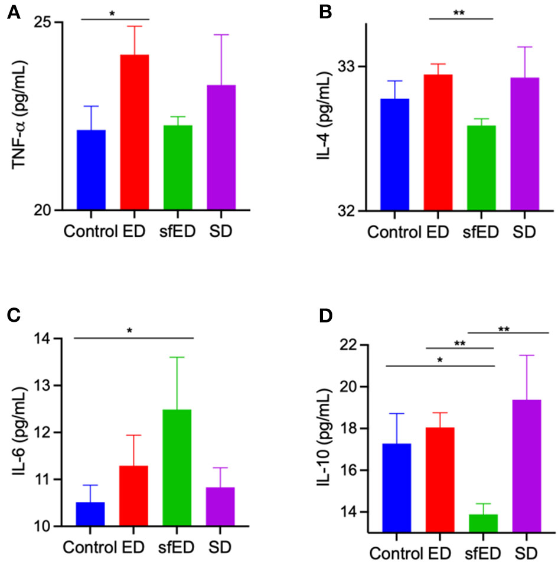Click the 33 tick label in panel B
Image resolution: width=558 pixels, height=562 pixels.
pos(345,66)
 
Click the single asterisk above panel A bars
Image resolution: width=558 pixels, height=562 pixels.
pos(112,13)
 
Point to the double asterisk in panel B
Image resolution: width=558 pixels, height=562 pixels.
pos(461,12)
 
